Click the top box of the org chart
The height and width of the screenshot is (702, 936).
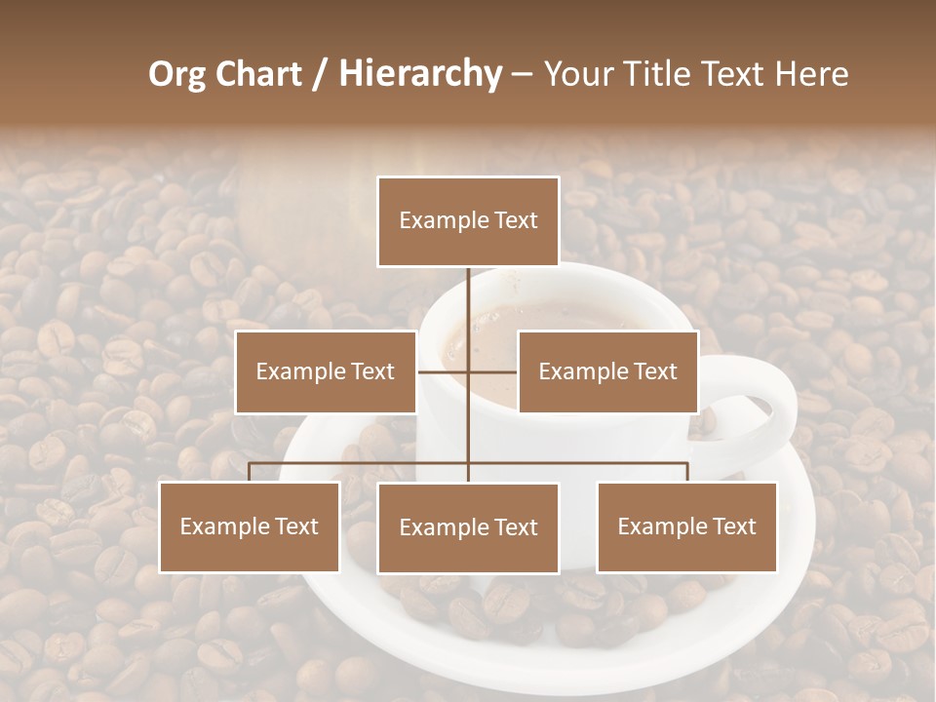pos(468,221)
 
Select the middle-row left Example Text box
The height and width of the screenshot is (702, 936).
pos(326,371)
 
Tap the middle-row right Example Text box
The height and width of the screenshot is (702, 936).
pos(607,371)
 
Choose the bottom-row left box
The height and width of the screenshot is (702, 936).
pos(250,526)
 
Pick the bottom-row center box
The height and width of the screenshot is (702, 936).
pos(468,527)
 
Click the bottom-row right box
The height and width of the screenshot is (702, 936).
pos(686,526)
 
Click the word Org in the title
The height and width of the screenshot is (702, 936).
pos(176,74)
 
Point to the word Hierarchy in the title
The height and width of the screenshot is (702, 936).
pos(419,74)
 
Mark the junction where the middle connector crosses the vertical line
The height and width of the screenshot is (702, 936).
pos(468,371)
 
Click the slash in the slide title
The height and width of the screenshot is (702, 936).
pos(319,74)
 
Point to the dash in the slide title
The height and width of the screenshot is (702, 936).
pos(522,74)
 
